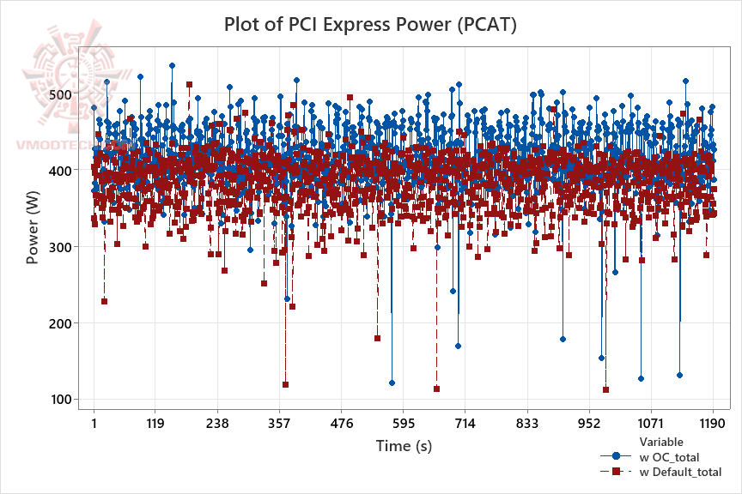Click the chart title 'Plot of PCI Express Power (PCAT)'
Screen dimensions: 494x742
click(370, 24)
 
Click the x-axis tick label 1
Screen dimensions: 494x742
click(94, 423)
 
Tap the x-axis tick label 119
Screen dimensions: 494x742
click(155, 423)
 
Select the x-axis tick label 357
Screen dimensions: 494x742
click(279, 423)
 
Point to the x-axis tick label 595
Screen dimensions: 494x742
click(403, 423)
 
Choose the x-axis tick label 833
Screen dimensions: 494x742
click(526, 423)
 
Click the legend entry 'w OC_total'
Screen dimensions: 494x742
click(669, 457)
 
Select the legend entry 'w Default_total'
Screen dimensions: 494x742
click(680, 473)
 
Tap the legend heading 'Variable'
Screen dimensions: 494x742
click(662, 442)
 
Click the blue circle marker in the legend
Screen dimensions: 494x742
click(615, 457)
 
